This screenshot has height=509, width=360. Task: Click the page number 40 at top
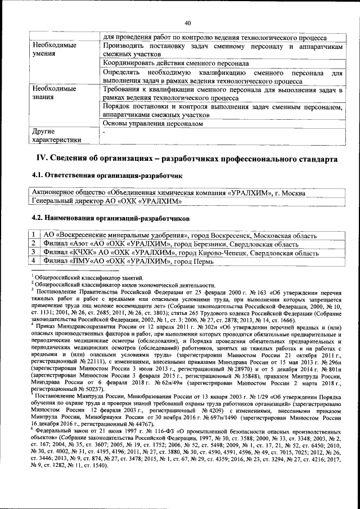(x=188, y=22)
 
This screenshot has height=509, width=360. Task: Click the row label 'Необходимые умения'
(x=54, y=49)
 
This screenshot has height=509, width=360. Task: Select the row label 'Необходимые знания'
(x=54, y=93)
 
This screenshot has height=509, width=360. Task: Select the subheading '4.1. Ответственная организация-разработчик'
(x=107, y=176)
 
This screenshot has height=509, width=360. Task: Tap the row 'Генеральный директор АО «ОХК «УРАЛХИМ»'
(x=106, y=201)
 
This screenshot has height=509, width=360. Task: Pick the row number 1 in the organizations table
(x=35, y=235)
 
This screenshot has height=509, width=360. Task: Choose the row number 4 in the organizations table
(x=35, y=261)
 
